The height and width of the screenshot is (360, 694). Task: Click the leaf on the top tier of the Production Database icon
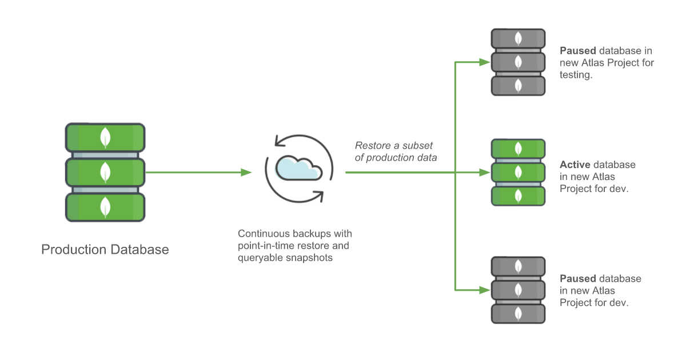pos(105,138)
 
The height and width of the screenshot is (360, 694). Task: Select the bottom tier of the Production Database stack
pos(105,207)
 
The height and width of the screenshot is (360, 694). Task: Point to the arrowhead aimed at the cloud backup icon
pos(246,172)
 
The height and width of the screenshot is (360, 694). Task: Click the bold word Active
pos(575,165)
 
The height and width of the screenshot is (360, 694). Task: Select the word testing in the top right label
pos(575,75)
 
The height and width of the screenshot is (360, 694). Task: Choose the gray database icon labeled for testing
pos(518,62)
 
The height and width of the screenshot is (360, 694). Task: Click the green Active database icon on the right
pos(518,172)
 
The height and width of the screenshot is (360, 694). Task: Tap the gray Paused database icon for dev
pos(518,290)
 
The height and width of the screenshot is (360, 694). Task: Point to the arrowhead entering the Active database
pos(485,172)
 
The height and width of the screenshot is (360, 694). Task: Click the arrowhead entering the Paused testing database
pos(485,62)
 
